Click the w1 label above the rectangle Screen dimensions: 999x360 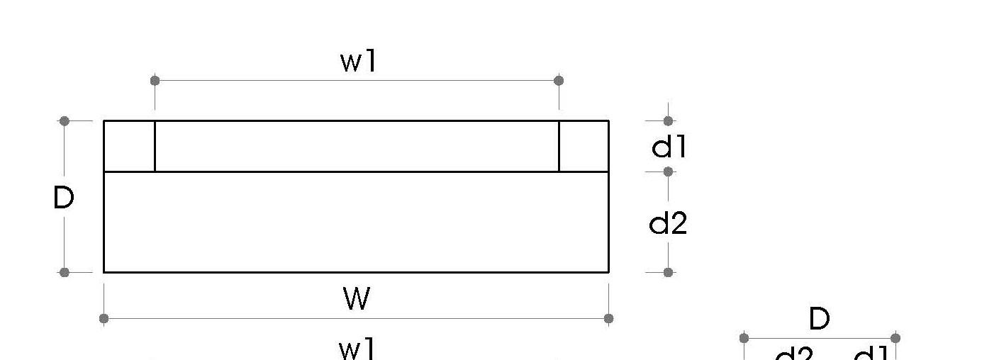click(359, 62)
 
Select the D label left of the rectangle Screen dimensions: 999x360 click(64, 198)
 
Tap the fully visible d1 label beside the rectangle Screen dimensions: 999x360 click(669, 147)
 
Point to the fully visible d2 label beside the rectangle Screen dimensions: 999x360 click(669, 223)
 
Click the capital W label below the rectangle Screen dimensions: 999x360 click(357, 299)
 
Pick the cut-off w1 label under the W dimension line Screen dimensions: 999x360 click(357, 350)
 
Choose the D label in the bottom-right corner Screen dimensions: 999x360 click(819, 320)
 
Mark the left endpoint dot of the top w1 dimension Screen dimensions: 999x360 click(155, 81)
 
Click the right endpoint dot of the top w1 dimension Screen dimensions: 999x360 click(559, 81)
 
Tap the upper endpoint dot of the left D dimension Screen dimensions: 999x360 click(65, 121)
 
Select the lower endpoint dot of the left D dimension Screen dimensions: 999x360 click(65, 272)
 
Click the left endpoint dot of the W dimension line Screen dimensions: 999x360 click(104, 318)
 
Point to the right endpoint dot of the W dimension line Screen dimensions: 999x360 click(609, 318)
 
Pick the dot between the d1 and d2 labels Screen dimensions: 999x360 click(668, 171)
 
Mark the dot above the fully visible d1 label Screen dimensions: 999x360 click(668, 121)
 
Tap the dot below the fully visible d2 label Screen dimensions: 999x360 click(668, 272)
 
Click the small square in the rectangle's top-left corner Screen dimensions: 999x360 click(130, 147)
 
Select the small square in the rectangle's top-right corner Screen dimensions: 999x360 click(584, 147)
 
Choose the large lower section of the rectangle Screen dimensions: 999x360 click(357, 222)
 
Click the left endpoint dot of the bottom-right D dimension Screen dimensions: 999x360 click(744, 338)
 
